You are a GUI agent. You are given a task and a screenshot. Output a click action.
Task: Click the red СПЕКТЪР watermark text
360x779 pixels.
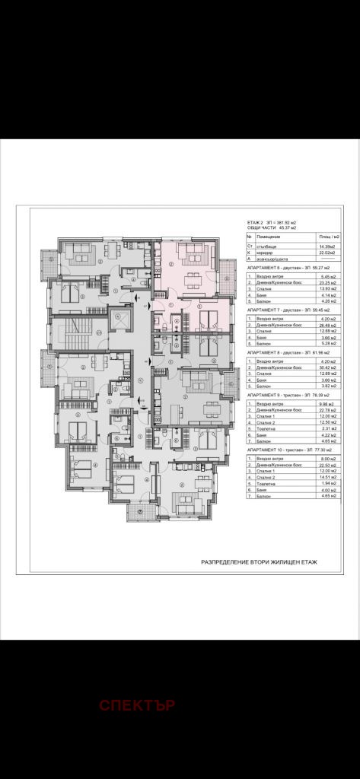coord(137,704)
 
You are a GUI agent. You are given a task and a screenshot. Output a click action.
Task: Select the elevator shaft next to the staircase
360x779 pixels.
coord(119,320)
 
